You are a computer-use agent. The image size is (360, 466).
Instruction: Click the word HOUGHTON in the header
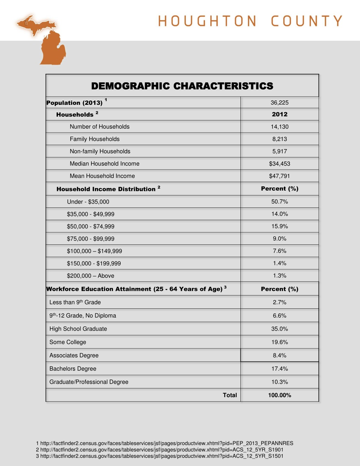point(207,21)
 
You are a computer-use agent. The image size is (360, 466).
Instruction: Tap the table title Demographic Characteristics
point(182,86)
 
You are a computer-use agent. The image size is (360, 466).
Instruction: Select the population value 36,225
point(279,103)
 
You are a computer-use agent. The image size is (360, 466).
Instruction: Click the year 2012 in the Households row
point(279,114)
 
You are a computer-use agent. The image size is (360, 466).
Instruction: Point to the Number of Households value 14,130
point(279,127)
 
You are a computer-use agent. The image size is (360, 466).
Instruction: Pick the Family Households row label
point(95,139)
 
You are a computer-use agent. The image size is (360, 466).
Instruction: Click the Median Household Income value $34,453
point(279,164)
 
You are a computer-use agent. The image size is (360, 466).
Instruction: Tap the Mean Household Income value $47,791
point(279,176)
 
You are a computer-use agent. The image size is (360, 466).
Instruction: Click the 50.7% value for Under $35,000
point(279,202)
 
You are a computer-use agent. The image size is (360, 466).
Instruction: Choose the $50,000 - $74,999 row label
point(91,226)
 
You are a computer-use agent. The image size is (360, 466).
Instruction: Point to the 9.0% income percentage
point(279,238)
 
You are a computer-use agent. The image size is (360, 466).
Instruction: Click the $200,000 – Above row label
point(91,276)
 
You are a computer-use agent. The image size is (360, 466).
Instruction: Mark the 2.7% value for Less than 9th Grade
point(279,302)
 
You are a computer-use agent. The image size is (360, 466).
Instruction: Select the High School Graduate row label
point(78,329)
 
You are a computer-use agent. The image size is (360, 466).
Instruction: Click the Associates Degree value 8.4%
point(279,355)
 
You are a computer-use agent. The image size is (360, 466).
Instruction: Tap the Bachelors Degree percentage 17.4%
point(279,369)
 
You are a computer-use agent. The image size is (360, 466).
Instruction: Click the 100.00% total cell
point(279,395)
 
